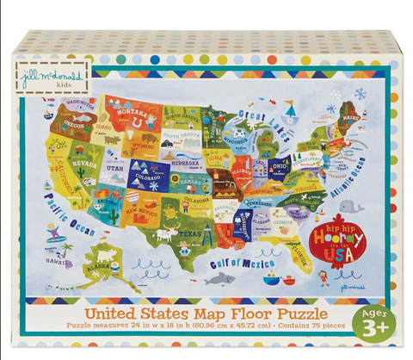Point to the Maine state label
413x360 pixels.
click(x=348, y=115)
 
